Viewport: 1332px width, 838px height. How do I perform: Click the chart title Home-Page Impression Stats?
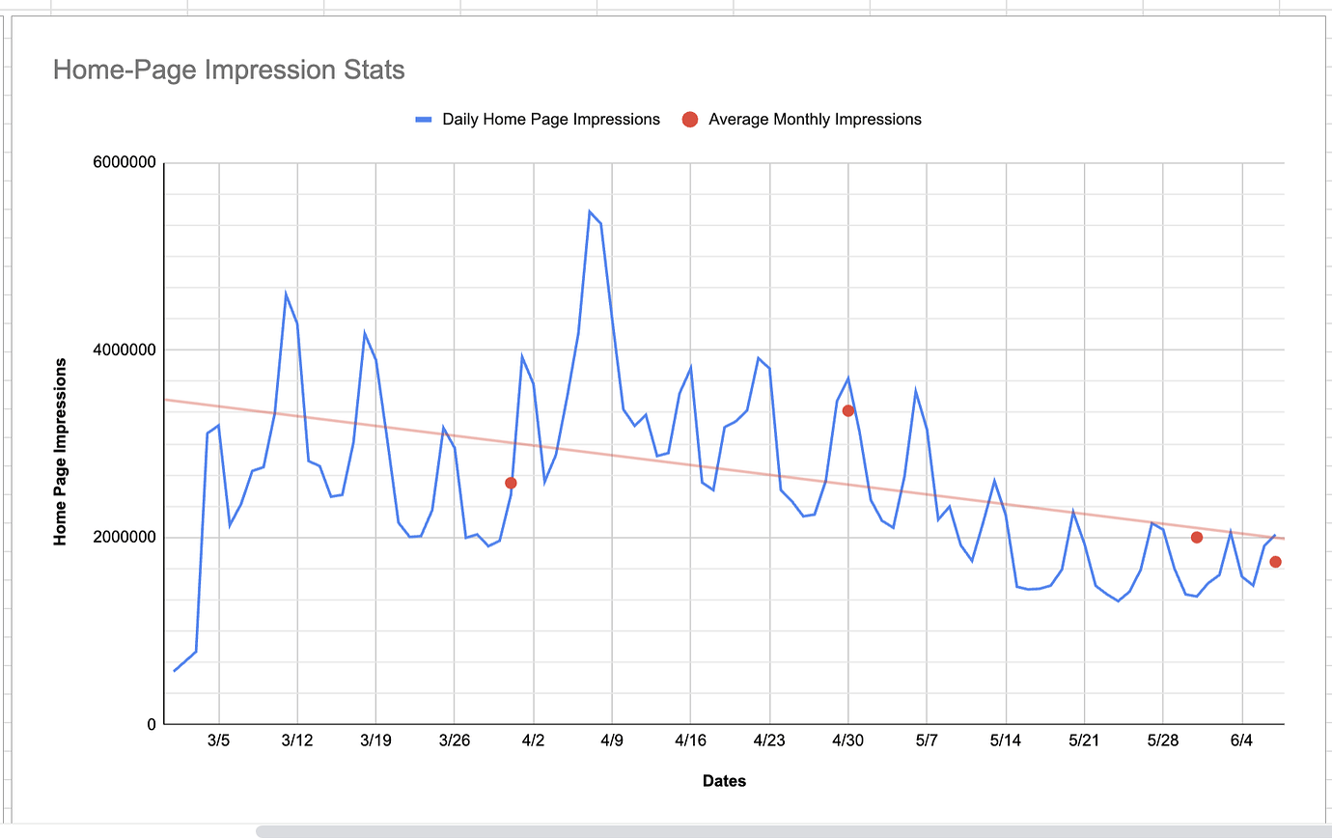point(229,70)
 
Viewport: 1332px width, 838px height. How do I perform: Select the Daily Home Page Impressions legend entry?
point(550,120)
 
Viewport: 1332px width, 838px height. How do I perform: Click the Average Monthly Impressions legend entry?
point(814,120)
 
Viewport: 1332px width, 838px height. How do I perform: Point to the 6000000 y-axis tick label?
point(125,163)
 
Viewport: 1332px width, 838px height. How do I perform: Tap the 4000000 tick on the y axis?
point(125,349)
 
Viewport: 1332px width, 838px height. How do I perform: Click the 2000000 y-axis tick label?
point(125,537)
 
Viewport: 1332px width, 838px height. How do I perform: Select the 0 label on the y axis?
point(151,724)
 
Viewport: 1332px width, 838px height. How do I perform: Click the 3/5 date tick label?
point(219,741)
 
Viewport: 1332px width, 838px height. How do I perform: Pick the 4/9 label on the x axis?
point(612,741)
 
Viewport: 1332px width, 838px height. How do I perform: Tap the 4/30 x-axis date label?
point(847,741)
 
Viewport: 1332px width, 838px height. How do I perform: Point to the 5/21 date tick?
point(1084,741)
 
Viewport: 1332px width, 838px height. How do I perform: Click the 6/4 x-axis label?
point(1241,741)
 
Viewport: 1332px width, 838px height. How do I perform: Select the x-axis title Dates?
point(724,781)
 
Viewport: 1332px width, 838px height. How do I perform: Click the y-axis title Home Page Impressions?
point(61,452)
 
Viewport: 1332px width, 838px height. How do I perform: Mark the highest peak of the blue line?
point(590,211)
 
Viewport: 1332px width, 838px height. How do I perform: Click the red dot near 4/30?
point(848,410)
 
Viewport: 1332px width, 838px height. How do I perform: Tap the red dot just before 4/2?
point(511,483)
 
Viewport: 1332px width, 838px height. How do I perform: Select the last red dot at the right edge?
point(1275,562)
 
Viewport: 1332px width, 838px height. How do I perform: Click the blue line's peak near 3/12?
point(286,293)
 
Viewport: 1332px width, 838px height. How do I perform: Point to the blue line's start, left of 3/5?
point(175,670)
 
